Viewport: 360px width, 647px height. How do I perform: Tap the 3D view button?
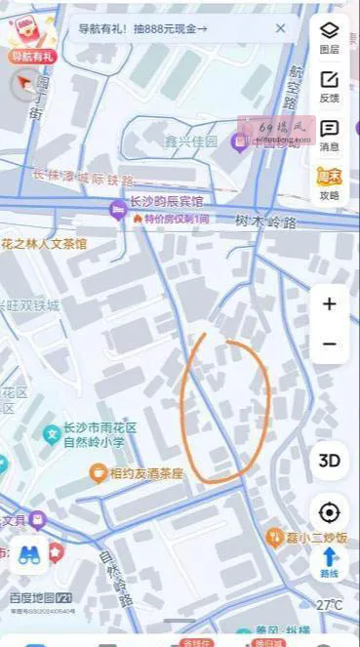coord(330,460)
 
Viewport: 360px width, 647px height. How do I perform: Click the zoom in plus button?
coord(330,304)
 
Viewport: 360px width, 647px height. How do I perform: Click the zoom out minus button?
coord(330,344)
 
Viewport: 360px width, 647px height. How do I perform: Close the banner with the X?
coord(281,28)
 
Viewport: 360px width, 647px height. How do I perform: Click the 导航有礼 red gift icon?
coord(29,37)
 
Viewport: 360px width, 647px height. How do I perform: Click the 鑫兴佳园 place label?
coord(191,142)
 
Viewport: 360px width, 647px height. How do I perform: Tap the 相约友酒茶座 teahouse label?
coord(146,473)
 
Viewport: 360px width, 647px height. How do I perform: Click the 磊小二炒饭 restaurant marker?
coord(275,537)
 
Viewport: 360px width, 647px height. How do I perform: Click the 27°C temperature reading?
coord(330,605)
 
